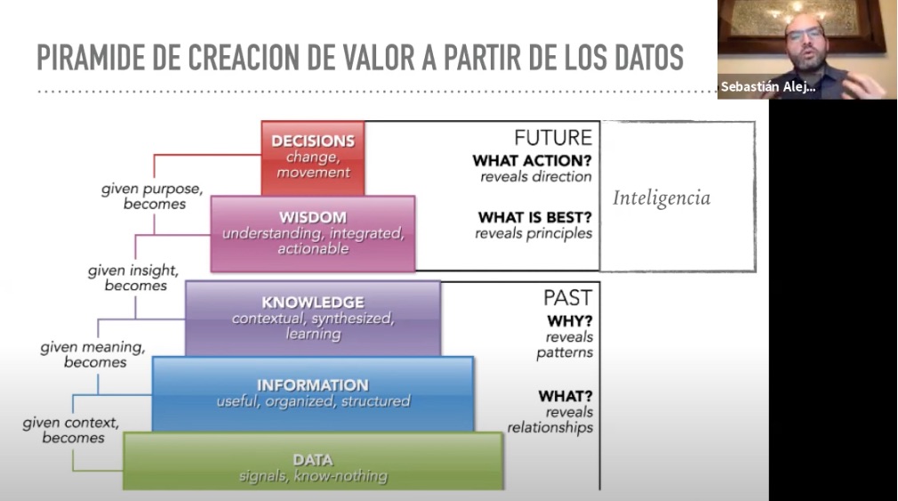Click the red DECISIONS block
313,158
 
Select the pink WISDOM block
313,233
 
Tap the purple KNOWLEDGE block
313,319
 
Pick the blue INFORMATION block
313,394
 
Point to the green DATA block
313,461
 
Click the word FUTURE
553,138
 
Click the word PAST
567,298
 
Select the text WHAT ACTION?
532,161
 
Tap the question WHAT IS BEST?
535,218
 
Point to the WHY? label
570,321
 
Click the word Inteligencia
661,198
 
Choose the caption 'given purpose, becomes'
152,196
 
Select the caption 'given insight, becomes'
133,278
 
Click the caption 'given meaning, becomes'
92,354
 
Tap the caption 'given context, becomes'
71,430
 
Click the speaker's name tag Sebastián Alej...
768,87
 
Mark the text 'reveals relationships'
549,420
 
